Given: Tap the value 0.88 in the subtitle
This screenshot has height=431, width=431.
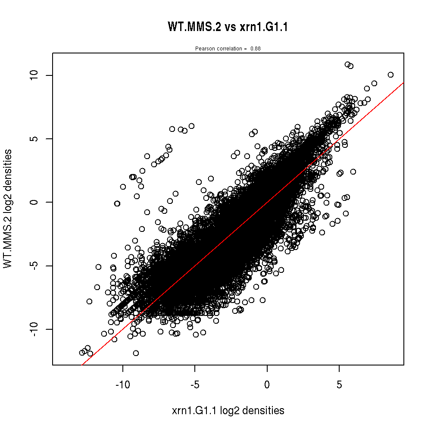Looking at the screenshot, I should [x=256, y=49].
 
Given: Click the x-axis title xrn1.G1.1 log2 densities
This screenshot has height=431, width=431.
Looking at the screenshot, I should [x=228, y=411].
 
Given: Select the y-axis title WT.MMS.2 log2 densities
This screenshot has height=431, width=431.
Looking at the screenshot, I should [x=8, y=209].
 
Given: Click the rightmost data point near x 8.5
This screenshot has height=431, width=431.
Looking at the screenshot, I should [x=390, y=75].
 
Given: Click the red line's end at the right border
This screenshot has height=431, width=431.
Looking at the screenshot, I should [x=403, y=82].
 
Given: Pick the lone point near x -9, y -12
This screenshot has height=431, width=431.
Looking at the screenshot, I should [x=136, y=353].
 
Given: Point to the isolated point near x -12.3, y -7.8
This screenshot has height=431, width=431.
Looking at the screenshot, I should [x=89, y=301].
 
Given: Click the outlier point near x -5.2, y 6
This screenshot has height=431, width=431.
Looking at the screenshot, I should [x=191, y=126].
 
